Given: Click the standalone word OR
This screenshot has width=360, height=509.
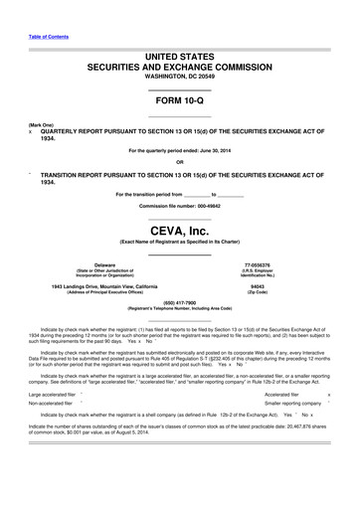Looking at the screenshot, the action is click(179, 162).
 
